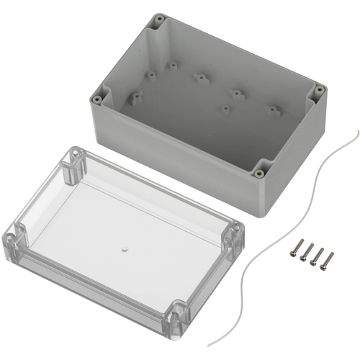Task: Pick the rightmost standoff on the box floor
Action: pos(272,109)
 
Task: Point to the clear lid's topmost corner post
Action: pos(73,163)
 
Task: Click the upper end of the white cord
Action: pos(357,130)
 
